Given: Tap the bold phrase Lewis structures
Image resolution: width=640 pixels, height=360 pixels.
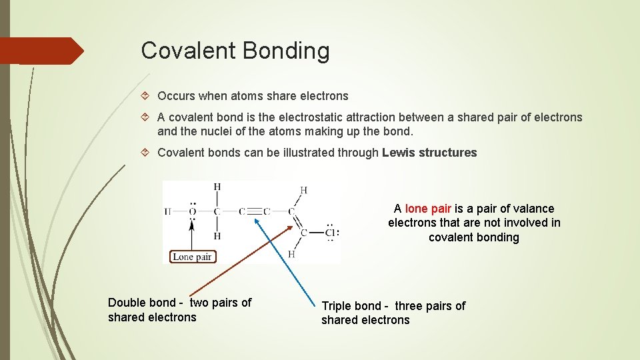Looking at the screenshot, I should click(429, 153).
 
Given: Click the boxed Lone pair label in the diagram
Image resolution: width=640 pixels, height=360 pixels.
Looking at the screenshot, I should click(192, 257).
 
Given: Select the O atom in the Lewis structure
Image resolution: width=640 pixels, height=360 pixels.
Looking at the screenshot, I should click(192, 212).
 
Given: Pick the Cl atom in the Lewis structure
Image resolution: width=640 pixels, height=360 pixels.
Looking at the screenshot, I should click(330, 233).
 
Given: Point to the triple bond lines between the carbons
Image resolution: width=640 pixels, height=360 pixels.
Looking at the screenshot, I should click(251, 212).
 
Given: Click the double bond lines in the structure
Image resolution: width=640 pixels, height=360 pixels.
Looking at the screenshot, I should click(297, 223).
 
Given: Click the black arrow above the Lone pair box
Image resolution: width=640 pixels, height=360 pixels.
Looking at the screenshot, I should click(192, 233).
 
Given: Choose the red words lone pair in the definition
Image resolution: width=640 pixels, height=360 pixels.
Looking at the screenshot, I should click(428, 209).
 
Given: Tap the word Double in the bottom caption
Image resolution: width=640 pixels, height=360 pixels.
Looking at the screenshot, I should click(127, 303).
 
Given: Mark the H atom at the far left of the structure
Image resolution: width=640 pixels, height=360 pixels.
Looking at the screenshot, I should click(168, 212).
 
